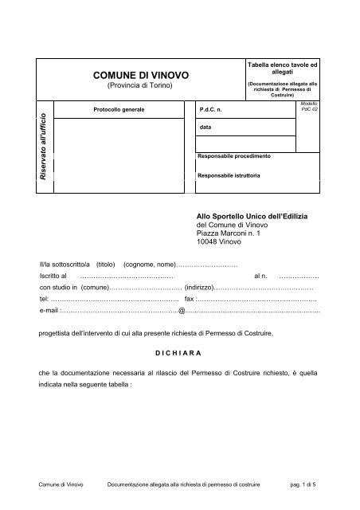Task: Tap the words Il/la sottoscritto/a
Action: click(65, 264)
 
